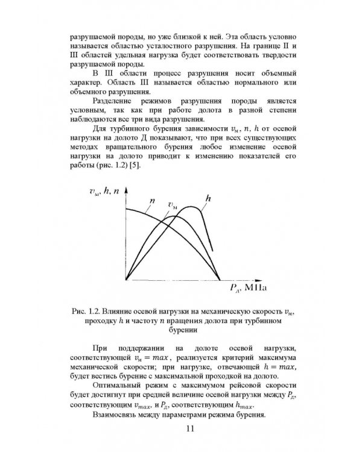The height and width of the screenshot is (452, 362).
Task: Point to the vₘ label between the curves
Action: [173, 206]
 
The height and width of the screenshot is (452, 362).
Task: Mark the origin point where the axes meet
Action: [125, 280]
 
